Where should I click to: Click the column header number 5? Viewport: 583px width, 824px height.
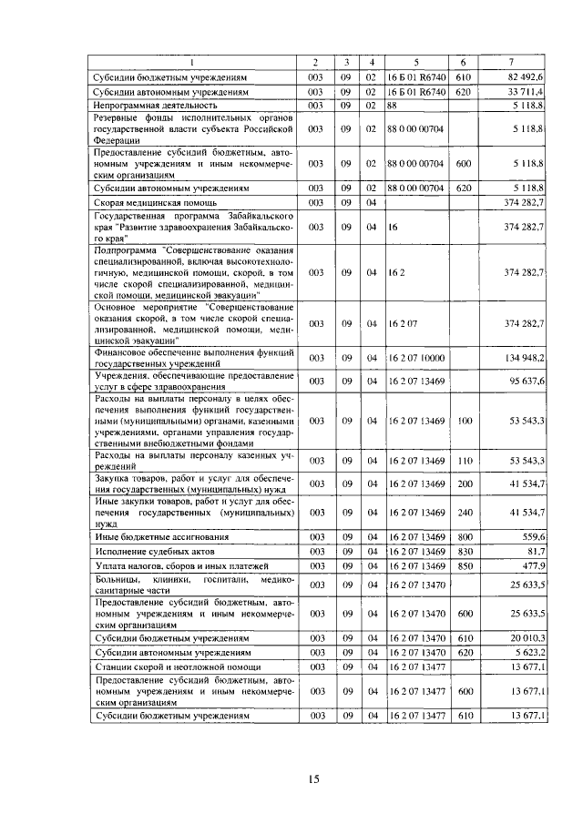[x=415, y=62]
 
